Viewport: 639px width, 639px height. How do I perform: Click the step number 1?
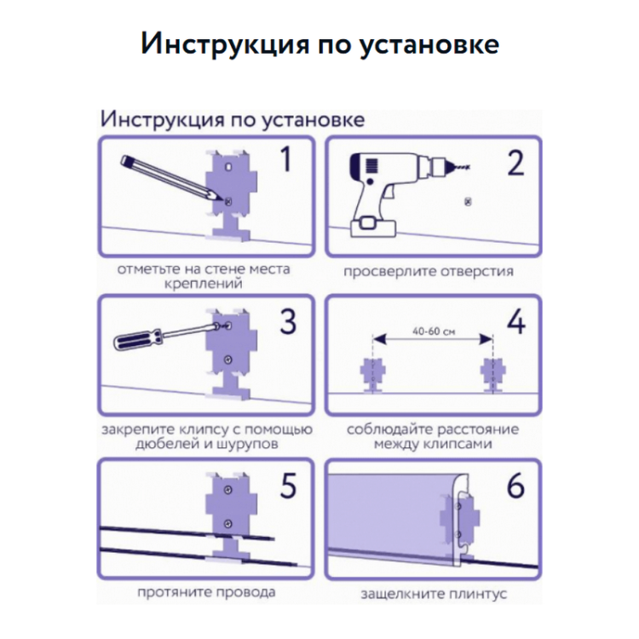[x=286, y=159]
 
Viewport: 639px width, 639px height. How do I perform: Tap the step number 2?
[x=515, y=163]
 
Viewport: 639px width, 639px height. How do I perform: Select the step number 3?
[x=288, y=321]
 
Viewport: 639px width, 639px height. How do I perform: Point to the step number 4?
[x=516, y=321]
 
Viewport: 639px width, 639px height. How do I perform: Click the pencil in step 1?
[x=171, y=178]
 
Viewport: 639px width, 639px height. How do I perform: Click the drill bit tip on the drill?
[x=469, y=166]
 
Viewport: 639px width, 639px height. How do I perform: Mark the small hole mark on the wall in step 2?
[x=468, y=201]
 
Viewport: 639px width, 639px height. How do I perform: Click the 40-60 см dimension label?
[x=433, y=331]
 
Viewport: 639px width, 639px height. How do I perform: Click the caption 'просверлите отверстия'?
[x=429, y=272]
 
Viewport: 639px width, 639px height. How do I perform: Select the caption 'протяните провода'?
[x=206, y=592]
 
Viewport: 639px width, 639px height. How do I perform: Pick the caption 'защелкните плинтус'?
[x=434, y=594]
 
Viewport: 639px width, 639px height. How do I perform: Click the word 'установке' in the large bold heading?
[x=429, y=44]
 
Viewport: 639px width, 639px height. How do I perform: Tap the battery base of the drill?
[x=374, y=227]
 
